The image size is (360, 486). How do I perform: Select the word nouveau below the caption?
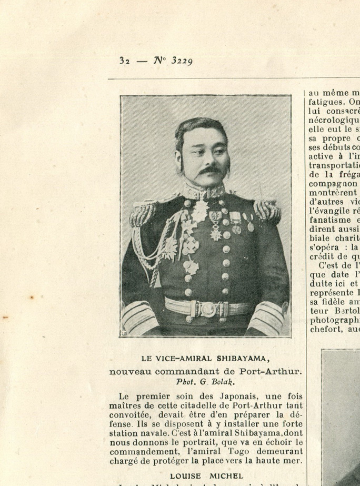(x=131, y=371)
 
